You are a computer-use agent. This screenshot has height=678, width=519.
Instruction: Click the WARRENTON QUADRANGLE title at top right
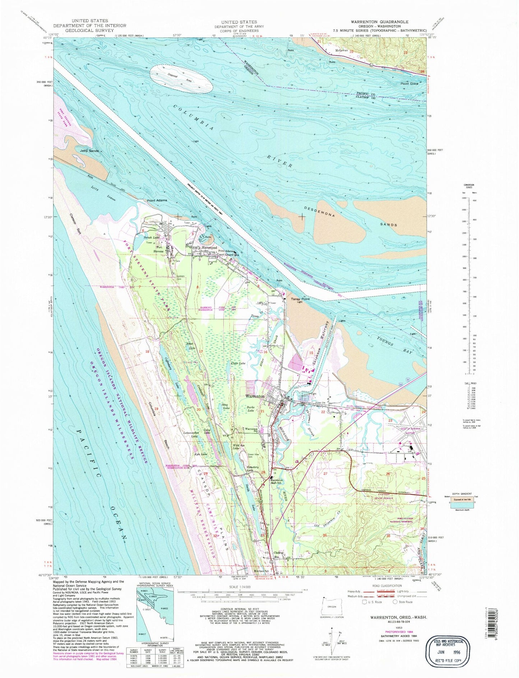pos(371,22)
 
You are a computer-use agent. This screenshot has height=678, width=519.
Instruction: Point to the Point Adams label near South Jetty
pos(157,200)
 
